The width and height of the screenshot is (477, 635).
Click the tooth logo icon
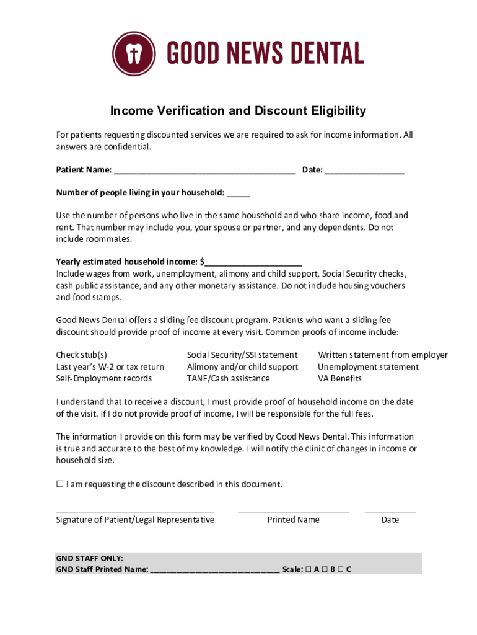(134, 53)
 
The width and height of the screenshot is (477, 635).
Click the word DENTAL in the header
(322, 53)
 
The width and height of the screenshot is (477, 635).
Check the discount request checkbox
(60, 484)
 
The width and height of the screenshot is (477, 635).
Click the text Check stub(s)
(81, 355)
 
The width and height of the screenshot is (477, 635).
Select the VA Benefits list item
(339, 378)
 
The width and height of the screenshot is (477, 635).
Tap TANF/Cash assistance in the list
(228, 378)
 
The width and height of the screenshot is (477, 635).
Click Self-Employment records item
(103, 378)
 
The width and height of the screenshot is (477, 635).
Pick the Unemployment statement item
(368, 367)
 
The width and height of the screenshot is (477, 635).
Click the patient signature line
(135, 510)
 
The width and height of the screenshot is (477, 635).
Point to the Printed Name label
(293, 520)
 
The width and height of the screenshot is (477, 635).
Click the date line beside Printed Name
(390, 510)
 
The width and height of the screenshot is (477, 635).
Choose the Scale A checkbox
(308, 569)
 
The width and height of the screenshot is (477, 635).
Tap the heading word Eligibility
(331, 111)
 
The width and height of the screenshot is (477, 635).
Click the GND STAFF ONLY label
(89, 558)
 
